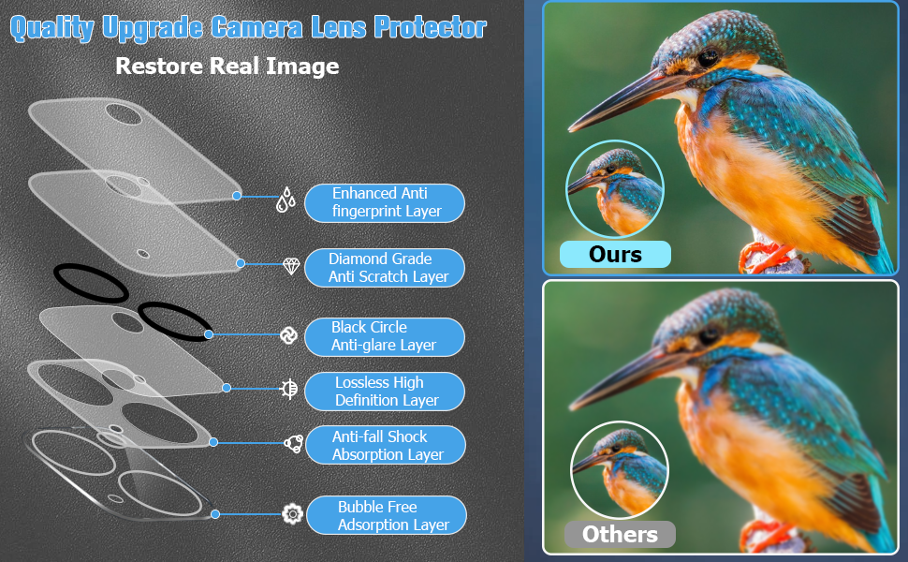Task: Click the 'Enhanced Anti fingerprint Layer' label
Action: click(385, 202)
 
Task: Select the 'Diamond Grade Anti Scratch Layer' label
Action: click(385, 268)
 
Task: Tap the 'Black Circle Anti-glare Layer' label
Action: click(385, 336)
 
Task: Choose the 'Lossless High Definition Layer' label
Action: click(385, 392)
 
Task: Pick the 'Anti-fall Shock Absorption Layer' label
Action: click(385, 445)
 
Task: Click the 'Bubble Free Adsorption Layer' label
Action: click(387, 516)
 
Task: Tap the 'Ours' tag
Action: click(615, 255)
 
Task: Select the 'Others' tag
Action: click(620, 534)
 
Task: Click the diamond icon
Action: click(291, 267)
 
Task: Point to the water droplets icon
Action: click(286, 200)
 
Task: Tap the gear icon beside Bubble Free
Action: click(292, 514)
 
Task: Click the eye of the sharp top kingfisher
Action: click(708, 57)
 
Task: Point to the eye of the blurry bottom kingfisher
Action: click(709, 336)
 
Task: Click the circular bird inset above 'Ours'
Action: click(614, 189)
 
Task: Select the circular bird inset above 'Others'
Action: click(620, 470)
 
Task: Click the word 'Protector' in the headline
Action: click(430, 27)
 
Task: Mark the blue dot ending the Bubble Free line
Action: click(215, 514)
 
